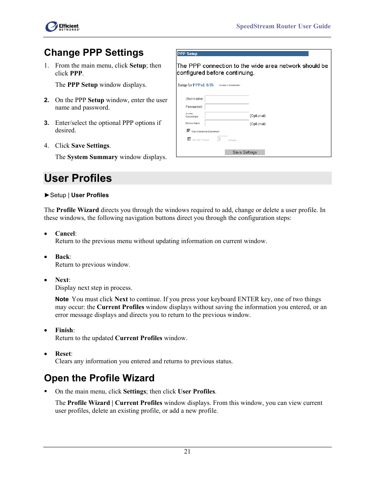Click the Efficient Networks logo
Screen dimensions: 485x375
click(62, 27)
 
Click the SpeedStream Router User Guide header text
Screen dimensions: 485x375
click(283, 26)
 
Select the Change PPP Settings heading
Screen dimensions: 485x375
click(94, 53)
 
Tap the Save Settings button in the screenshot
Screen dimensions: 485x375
click(244, 152)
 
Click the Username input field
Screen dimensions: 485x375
click(227, 99)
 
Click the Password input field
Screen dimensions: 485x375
click(227, 107)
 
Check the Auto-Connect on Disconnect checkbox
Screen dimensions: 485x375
click(189, 131)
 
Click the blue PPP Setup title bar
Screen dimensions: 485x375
click(243, 54)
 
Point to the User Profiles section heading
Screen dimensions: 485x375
click(78, 178)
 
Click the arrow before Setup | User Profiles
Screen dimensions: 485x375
click(47, 195)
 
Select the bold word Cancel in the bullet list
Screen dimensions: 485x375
click(65, 234)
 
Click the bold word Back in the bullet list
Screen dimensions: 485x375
click(63, 257)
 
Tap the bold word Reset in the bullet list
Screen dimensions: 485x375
click(63, 354)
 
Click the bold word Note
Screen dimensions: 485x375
click(62, 299)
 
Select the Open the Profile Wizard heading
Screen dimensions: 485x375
click(99, 378)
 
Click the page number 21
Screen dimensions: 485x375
click(187, 452)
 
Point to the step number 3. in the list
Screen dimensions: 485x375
click(46, 123)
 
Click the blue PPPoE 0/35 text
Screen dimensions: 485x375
click(203, 85)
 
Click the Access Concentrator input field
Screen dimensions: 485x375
click(227, 116)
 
